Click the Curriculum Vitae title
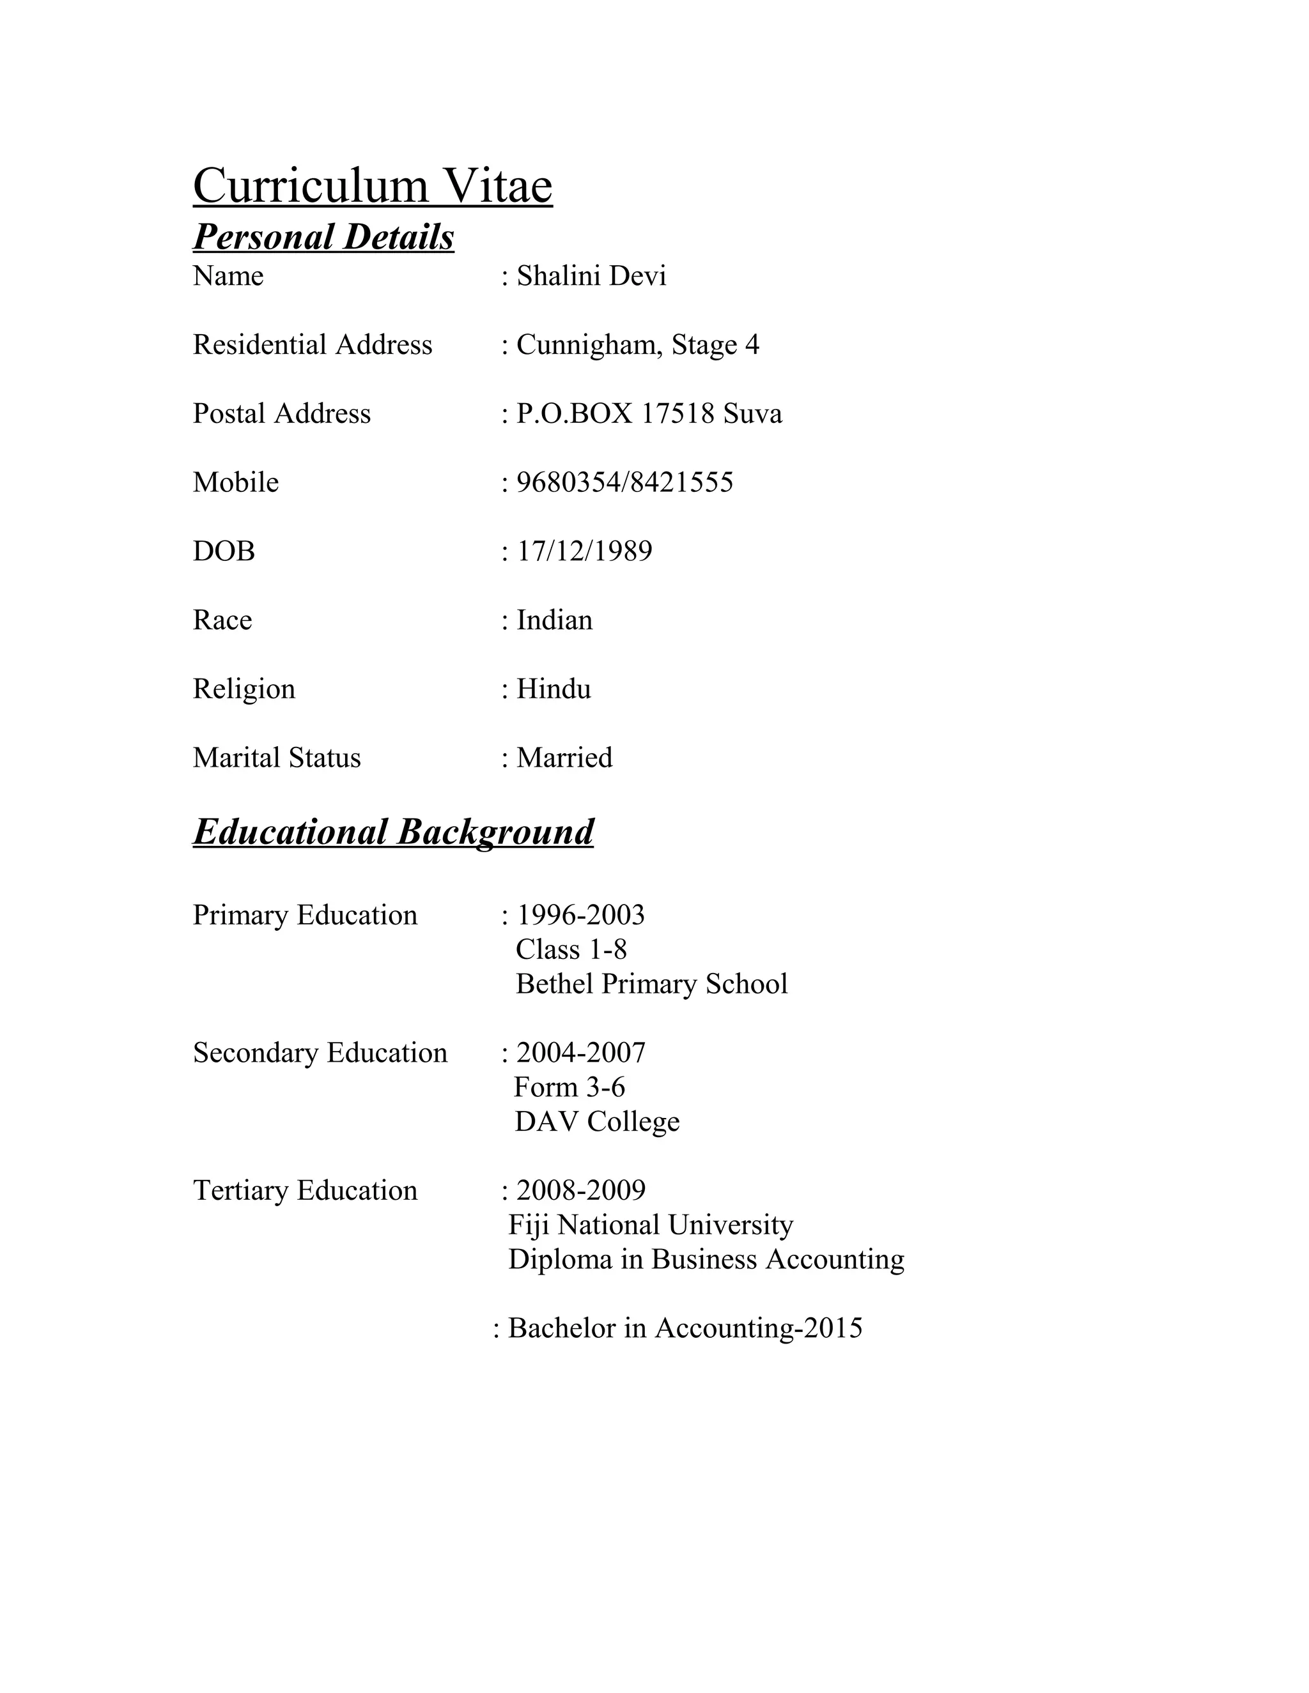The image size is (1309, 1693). pyautogui.click(x=372, y=186)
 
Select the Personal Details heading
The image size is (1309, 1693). pyautogui.click(x=323, y=237)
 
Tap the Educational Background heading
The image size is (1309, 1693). pyautogui.click(x=393, y=832)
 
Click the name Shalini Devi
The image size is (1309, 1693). pyautogui.click(x=591, y=276)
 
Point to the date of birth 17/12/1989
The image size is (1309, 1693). pyautogui.click(x=584, y=551)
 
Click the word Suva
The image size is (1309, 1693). pyautogui.click(x=752, y=414)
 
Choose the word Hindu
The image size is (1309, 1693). pyautogui.click(x=554, y=689)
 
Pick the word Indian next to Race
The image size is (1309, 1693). pyautogui.click(x=554, y=620)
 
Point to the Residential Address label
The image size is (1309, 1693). pyautogui.click(x=313, y=345)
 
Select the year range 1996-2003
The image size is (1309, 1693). pyautogui.click(x=580, y=915)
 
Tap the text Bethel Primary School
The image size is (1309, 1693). pyautogui.click(x=651, y=984)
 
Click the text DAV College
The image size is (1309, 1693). pyautogui.click(x=596, y=1122)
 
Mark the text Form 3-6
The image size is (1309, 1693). pyautogui.click(x=569, y=1087)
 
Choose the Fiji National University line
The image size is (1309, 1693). pyautogui.click(x=651, y=1225)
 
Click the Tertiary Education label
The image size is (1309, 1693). pyautogui.click(x=305, y=1191)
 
